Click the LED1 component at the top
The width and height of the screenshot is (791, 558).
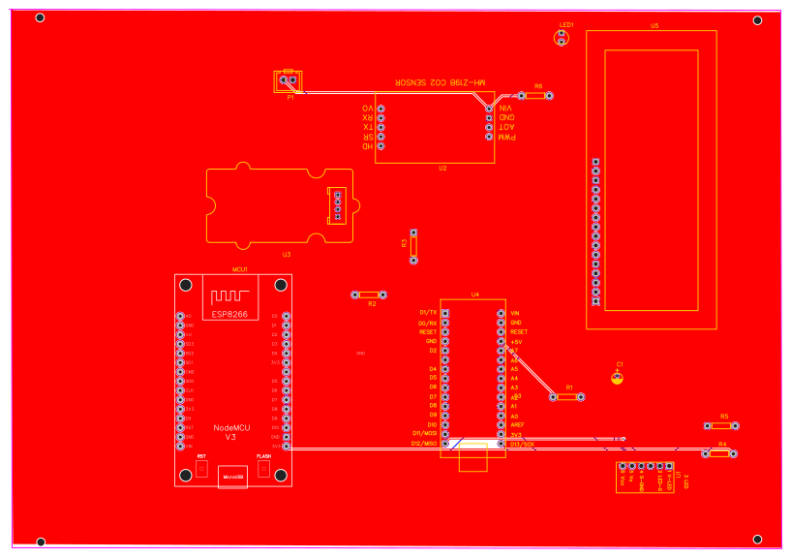click(561, 38)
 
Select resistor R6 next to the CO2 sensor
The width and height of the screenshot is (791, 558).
click(535, 96)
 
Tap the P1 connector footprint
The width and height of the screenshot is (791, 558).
click(289, 82)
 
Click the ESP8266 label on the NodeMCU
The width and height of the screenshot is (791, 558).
click(230, 314)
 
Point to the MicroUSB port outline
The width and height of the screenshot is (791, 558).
click(232, 476)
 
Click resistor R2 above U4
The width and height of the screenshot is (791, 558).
click(369, 294)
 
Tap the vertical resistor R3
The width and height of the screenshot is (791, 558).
click(413, 246)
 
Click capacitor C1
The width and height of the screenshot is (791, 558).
click(618, 377)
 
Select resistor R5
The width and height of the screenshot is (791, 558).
click(722, 425)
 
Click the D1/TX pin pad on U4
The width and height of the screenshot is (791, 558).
click(446, 313)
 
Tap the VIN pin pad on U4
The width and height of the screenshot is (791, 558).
click(501, 313)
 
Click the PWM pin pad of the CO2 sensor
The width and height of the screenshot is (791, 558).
click(490, 137)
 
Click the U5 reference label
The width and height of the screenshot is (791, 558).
click(654, 25)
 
